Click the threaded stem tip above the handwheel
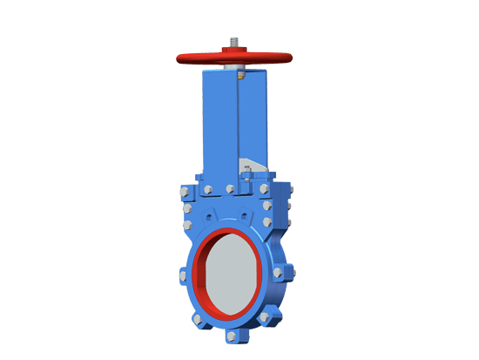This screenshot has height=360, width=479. [x=234, y=41]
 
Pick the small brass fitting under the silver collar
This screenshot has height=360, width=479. [x=240, y=75]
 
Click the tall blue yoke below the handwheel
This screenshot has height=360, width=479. [x=233, y=122]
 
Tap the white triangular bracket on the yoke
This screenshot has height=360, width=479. [x=248, y=166]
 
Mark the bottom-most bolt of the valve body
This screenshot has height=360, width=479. [x=233, y=336]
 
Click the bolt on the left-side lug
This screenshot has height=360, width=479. [x=183, y=276]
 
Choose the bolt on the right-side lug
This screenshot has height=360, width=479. [x=278, y=272]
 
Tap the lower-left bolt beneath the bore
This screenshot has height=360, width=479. [x=199, y=319]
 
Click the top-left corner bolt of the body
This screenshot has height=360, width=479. [x=185, y=191]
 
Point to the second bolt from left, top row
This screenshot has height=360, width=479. [x=207, y=189]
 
